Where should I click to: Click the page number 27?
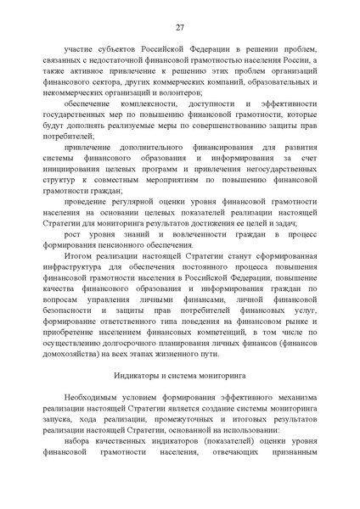point(180,26)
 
